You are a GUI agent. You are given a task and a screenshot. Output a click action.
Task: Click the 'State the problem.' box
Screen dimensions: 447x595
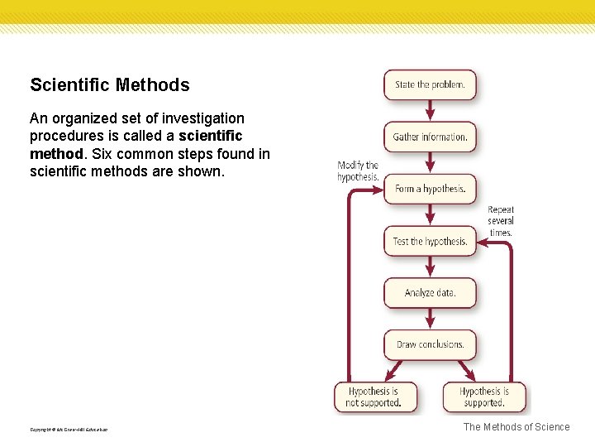(x=430, y=84)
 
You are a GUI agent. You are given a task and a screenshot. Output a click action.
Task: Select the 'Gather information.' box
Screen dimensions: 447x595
(x=430, y=137)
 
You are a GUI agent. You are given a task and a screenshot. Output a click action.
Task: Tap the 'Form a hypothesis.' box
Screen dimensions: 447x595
(x=430, y=189)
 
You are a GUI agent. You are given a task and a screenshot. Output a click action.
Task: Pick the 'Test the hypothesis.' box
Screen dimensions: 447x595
(x=430, y=241)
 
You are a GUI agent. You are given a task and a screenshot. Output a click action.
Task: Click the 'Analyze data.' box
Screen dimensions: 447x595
(x=430, y=293)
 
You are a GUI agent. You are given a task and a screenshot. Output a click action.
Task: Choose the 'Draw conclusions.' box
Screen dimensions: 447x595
(x=430, y=344)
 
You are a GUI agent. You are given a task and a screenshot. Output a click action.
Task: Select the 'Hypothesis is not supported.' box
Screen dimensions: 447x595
(x=374, y=397)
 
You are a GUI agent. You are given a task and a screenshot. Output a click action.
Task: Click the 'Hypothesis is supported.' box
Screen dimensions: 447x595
(x=484, y=397)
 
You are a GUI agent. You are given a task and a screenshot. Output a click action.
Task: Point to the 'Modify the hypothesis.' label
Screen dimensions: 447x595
(x=358, y=171)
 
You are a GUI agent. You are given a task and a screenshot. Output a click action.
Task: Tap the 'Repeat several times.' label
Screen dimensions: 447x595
(x=500, y=221)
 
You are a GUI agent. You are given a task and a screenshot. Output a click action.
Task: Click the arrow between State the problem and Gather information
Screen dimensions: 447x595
(x=430, y=111)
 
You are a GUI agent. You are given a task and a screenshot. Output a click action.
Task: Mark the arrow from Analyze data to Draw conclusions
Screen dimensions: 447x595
(x=430, y=319)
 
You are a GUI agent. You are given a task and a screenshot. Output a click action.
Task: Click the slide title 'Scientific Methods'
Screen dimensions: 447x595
(x=110, y=85)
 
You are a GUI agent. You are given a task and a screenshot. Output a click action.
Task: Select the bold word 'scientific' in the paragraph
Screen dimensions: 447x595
(x=211, y=136)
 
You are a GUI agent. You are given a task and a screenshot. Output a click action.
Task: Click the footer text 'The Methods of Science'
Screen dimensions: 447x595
(x=516, y=427)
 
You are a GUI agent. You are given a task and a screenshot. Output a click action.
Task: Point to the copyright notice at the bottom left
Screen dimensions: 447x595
(x=69, y=430)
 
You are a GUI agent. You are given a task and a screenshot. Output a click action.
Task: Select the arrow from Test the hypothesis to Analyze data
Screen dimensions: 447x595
(x=430, y=267)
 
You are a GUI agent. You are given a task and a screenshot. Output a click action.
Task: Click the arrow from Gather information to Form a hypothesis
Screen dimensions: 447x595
(x=430, y=163)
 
